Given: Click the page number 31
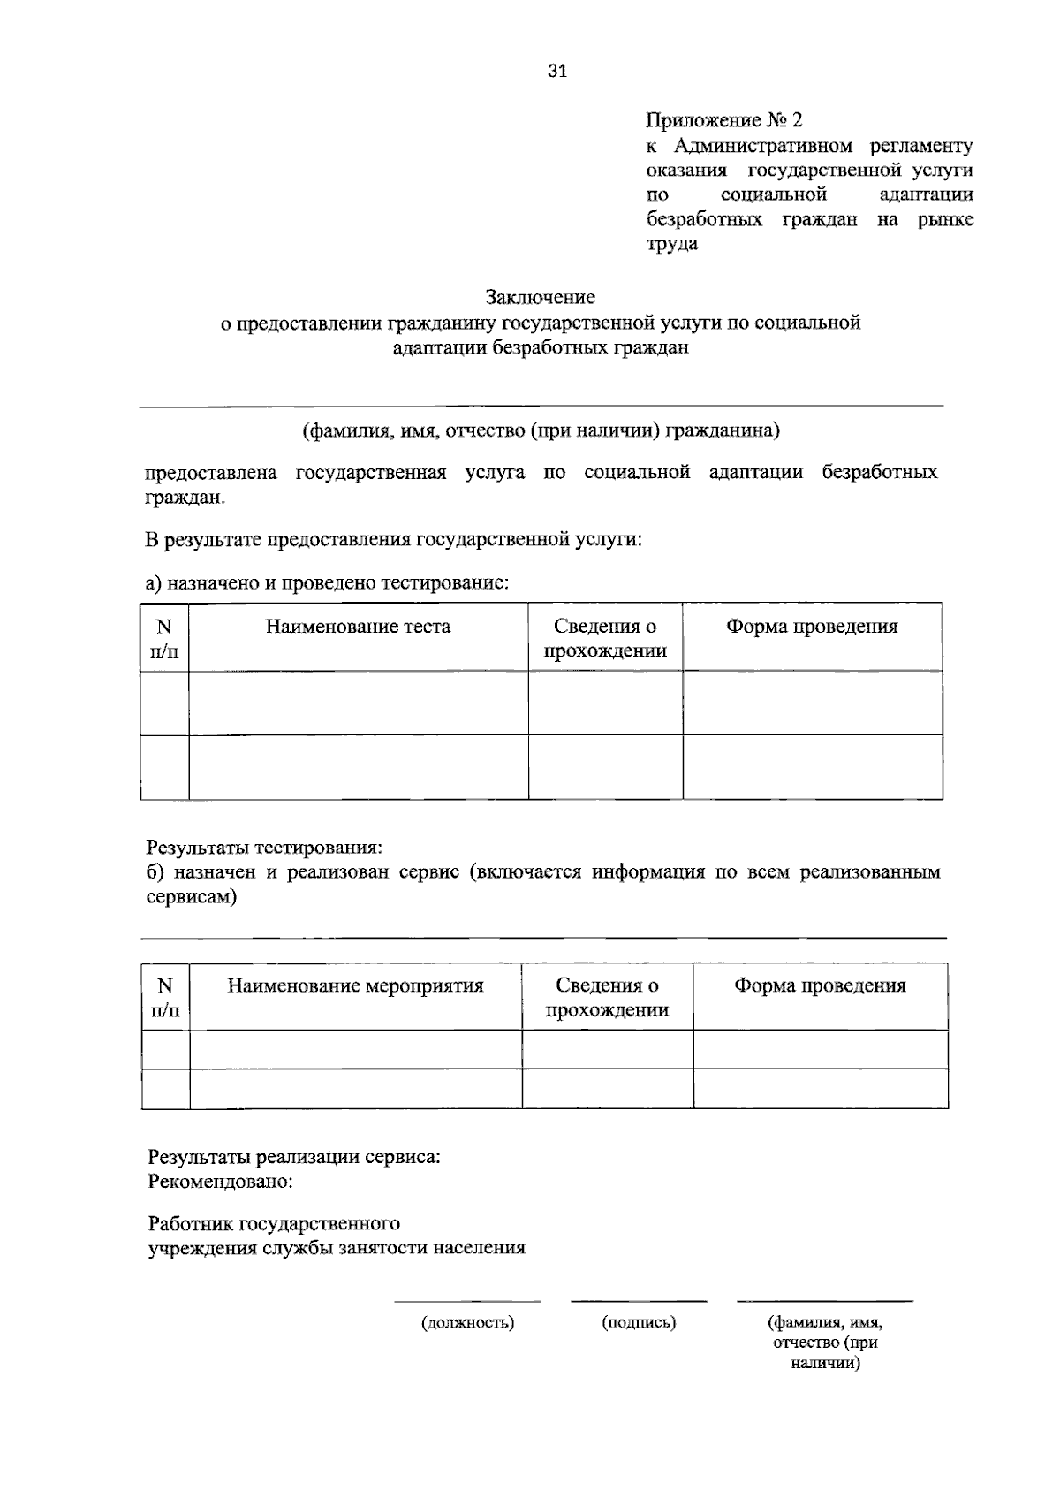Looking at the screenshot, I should point(556,72).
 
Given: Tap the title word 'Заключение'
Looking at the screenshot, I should point(540,297).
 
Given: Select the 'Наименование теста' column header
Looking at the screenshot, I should point(358,627).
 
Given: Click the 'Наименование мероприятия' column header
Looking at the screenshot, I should point(355,985).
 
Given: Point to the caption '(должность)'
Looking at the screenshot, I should point(467,1323).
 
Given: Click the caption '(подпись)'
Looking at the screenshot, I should point(639,1323).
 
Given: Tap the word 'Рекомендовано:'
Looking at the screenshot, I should point(220,1181).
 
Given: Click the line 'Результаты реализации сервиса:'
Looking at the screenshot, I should point(294,1156).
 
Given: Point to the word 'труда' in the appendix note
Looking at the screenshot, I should point(671,244).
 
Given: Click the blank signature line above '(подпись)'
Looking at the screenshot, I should point(639,1301).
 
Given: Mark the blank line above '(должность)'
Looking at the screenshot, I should point(467,1301).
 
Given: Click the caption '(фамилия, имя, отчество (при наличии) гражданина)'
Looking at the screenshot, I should point(541,430).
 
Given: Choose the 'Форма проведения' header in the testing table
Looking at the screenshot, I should point(812,627).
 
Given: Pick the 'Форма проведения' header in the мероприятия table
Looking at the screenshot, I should point(820,985).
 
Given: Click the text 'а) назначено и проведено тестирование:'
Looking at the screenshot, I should point(328,582).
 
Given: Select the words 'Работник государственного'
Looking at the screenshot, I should point(274,1224).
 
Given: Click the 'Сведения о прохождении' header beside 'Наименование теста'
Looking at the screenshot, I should point(605,638).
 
